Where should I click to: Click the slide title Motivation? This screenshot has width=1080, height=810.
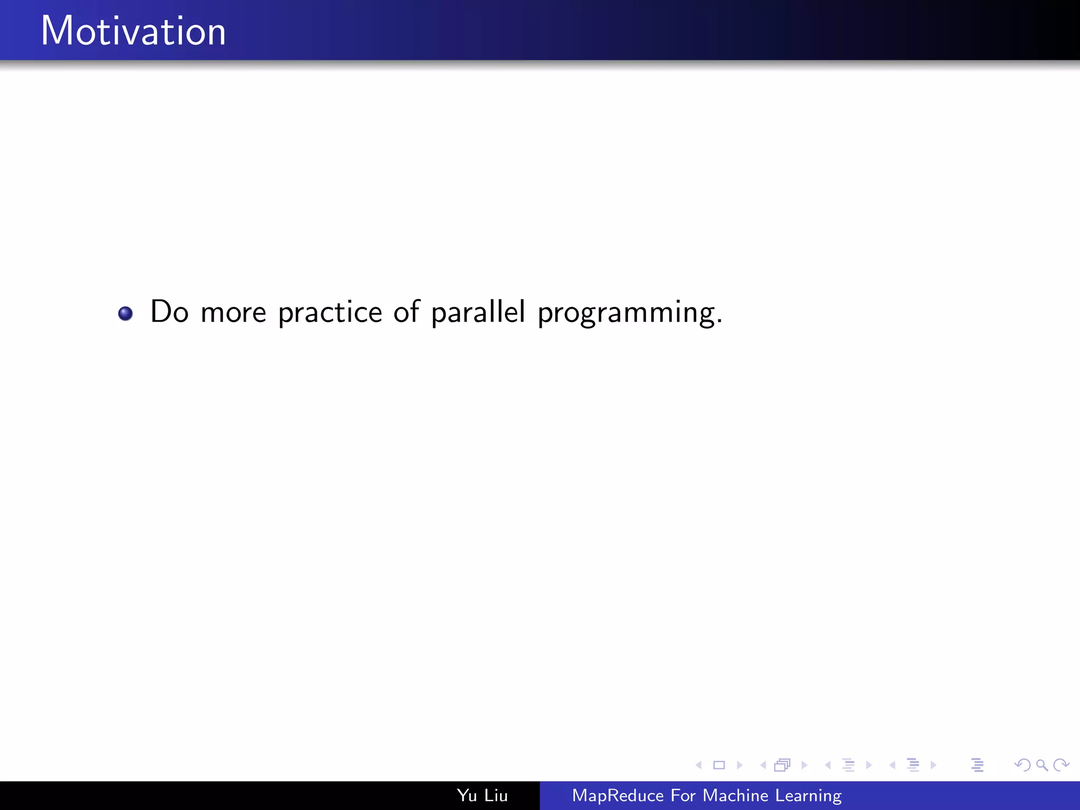coord(133,31)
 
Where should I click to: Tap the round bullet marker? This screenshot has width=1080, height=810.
coord(126,313)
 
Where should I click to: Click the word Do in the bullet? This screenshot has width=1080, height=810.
coord(169,312)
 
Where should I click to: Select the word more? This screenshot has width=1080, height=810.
coord(233,313)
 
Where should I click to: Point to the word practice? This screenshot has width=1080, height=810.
coord(330,313)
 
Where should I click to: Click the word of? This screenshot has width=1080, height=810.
coord(407,311)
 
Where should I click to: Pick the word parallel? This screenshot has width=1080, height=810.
coord(478,312)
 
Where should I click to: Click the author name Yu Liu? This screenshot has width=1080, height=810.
coord(482,795)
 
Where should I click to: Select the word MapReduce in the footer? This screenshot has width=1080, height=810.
coord(618,795)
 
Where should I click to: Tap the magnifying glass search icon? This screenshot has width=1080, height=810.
coord(1042,765)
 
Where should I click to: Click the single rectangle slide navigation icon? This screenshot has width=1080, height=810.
coord(719,765)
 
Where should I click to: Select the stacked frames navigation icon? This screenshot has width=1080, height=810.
coord(783,765)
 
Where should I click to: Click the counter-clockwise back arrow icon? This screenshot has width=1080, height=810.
coord(1022,765)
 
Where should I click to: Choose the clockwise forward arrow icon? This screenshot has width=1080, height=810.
coord(1061,765)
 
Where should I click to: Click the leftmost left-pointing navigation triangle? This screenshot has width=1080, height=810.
coord(699,765)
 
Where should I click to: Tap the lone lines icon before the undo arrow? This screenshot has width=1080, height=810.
coord(977,765)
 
